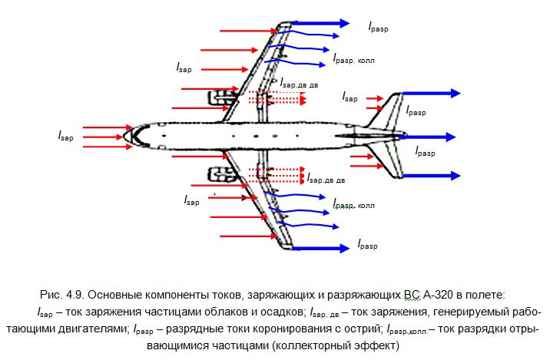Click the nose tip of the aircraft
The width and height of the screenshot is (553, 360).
(x=125, y=136)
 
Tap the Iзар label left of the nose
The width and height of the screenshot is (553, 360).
(x=66, y=135)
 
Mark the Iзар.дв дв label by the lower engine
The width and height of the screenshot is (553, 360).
(x=326, y=180)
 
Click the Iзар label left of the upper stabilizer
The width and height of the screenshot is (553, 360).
(x=349, y=98)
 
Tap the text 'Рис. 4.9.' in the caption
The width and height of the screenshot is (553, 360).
(x=59, y=296)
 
